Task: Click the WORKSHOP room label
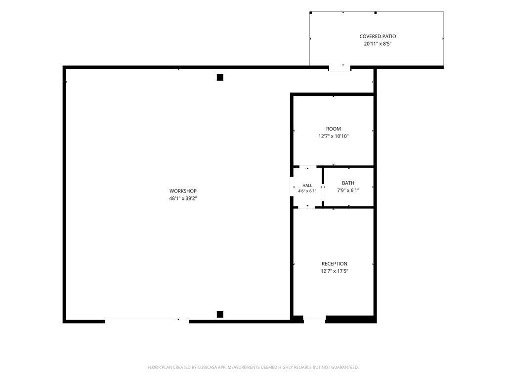pos(183,191)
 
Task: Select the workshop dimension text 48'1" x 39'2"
pos(183,198)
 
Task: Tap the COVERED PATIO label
pos(378,37)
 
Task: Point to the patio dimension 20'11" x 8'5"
pos(378,44)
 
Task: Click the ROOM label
pos(334,129)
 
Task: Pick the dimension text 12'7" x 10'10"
pos(334,137)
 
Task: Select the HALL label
pos(307,186)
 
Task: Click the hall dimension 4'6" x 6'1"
pos(307,191)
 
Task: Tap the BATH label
pos(348,183)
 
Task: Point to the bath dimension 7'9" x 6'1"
pos(348,190)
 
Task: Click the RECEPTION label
pos(335,264)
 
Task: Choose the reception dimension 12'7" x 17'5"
pos(335,271)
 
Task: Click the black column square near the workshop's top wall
pos(220,78)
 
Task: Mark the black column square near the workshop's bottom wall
pos(220,314)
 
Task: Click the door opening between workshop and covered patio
pos(339,68)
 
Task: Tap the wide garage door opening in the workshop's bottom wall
pos(147,321)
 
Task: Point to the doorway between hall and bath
pos(323,187)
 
